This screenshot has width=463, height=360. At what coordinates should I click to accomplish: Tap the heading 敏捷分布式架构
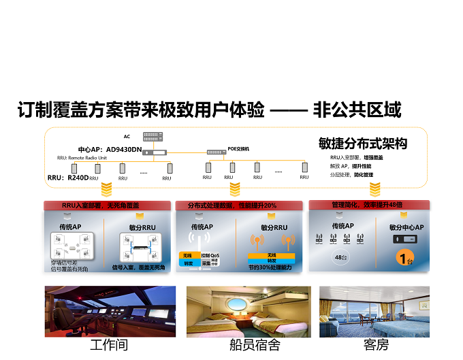point(362,144)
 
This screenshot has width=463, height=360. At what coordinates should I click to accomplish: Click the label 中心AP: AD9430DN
point(110,150)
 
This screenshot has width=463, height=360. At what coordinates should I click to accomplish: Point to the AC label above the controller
point(127,136)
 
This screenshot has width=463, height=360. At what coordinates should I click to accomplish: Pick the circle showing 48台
point(342,258)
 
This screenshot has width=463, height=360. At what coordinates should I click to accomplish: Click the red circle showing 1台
point(406,259)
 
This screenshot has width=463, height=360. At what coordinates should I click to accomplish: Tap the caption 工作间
point(109,345)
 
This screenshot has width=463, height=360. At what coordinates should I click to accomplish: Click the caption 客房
point(376,345)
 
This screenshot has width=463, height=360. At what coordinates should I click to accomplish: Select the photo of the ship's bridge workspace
point(110,311)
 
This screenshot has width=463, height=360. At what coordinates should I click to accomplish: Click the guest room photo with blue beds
point(376,311)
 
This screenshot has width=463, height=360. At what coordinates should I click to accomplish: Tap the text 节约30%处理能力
point(270,268)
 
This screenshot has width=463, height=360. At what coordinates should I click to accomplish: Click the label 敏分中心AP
point(406,227)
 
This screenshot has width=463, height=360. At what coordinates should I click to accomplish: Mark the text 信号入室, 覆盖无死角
point(139,267)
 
